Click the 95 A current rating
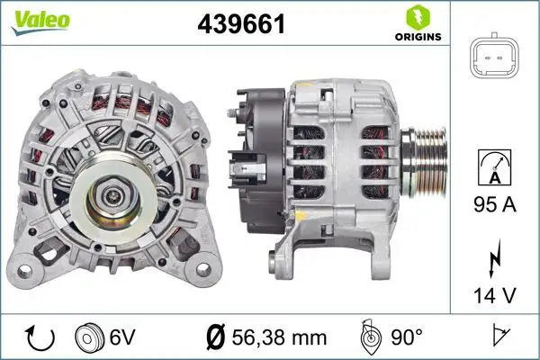(x=494, y=206)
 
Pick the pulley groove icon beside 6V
(x=93, y=337)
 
